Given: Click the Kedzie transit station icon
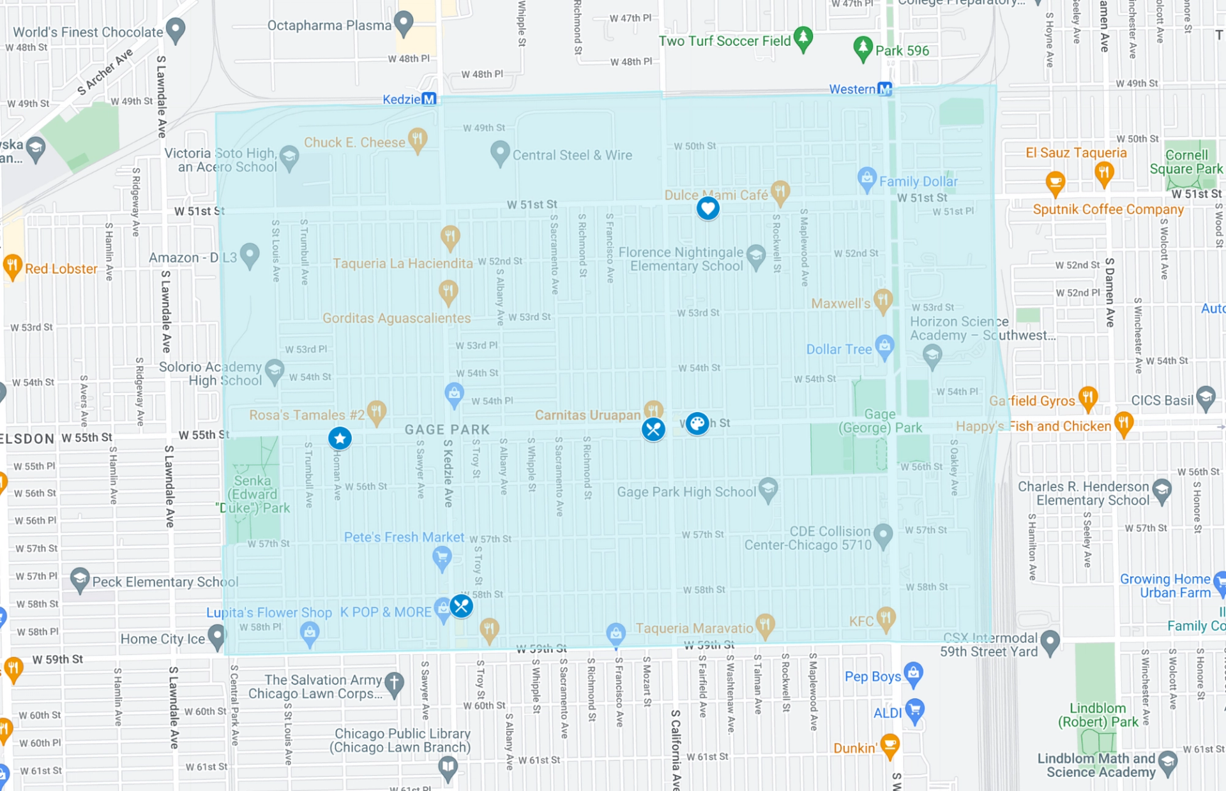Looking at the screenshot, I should (x=429, y=99).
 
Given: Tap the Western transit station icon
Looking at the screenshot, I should (x=884, y=89).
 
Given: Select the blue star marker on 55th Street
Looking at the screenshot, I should (x=340, y=438).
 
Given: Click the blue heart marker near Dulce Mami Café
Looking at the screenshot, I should (x=708, y=208).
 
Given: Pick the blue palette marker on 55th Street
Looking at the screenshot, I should (x=697, y=423).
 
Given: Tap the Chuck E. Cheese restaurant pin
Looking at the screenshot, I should (x=418, y=140).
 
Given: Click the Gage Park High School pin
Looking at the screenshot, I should (x=768, y=489).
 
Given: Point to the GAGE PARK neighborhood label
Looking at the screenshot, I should (x=447, y=430).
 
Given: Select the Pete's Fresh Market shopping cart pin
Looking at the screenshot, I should (x=441, y=558).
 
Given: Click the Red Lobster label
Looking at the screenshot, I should (x=61, y=269).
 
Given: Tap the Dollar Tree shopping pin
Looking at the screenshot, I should (x=884, y=346).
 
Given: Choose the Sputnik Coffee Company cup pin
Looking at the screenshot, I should (x=1055, y=182).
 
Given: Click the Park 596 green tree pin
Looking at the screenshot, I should (x=863, y=48).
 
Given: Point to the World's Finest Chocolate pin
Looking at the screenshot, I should (x=175, y=29).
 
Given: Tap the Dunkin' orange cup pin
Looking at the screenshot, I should (x=889, y=745).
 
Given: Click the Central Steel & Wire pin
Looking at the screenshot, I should (x=500, y=153).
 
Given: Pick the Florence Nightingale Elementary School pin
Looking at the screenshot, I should (x=756, y=256).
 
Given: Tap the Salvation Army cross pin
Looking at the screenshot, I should (x=394, y=684).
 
